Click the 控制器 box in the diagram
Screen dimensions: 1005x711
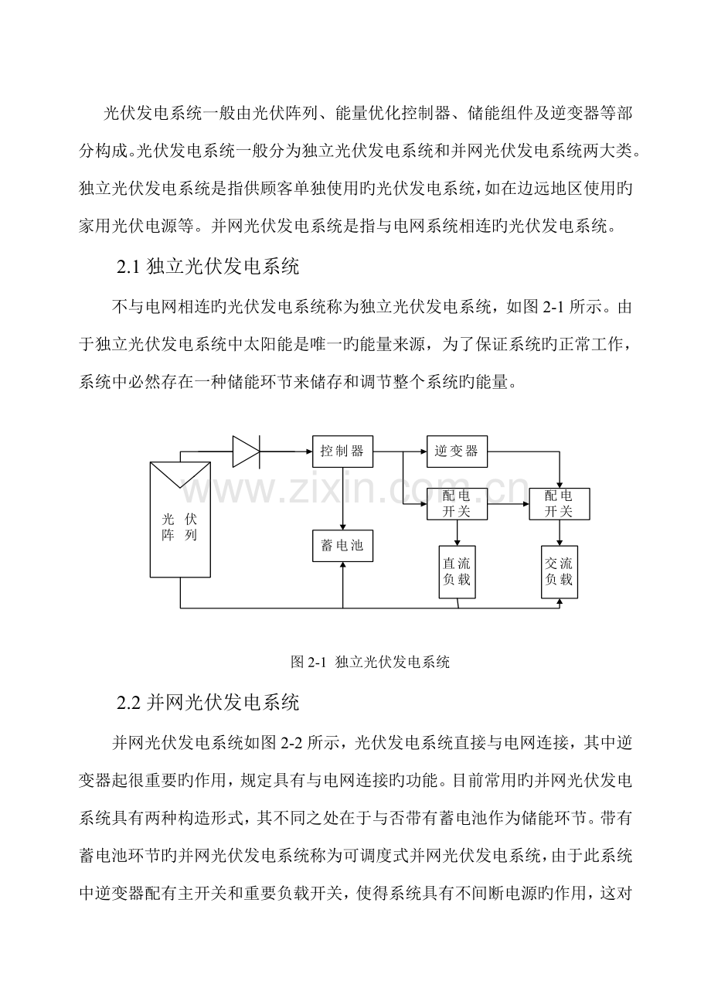[x=342, y=451]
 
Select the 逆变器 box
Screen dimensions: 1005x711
[x=457, y=451]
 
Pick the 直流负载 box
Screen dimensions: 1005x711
[x=457, y=571]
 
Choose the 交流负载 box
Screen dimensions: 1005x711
[x=559, y=571]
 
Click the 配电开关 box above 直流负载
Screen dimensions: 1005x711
[x=457, y=503]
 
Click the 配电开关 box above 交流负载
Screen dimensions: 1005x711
[x=559, y=503]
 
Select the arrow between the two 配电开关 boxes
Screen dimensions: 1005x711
[x=508, y=503]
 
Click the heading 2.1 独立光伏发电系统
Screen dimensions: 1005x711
[x=207, y=268]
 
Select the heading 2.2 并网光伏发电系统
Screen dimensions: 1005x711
[x=207, y=703]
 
